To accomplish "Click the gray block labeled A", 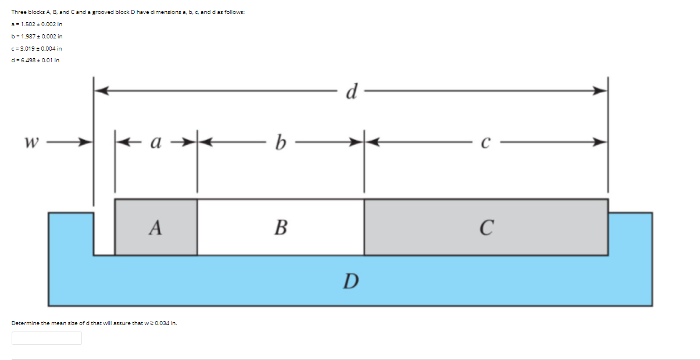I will [155, 227].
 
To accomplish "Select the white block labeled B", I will [280, 227].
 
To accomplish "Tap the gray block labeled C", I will [486, 227].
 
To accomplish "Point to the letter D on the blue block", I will [350, 282].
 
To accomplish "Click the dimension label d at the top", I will [351, 92].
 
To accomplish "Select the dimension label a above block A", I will [155, 141].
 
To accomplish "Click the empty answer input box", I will [47, 338].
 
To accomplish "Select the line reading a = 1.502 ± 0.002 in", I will [37, 24].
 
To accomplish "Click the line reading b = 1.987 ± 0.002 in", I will [37, 36].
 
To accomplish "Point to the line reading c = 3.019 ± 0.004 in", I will [37, 48].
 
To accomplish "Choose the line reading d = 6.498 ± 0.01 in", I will [35, 60].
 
